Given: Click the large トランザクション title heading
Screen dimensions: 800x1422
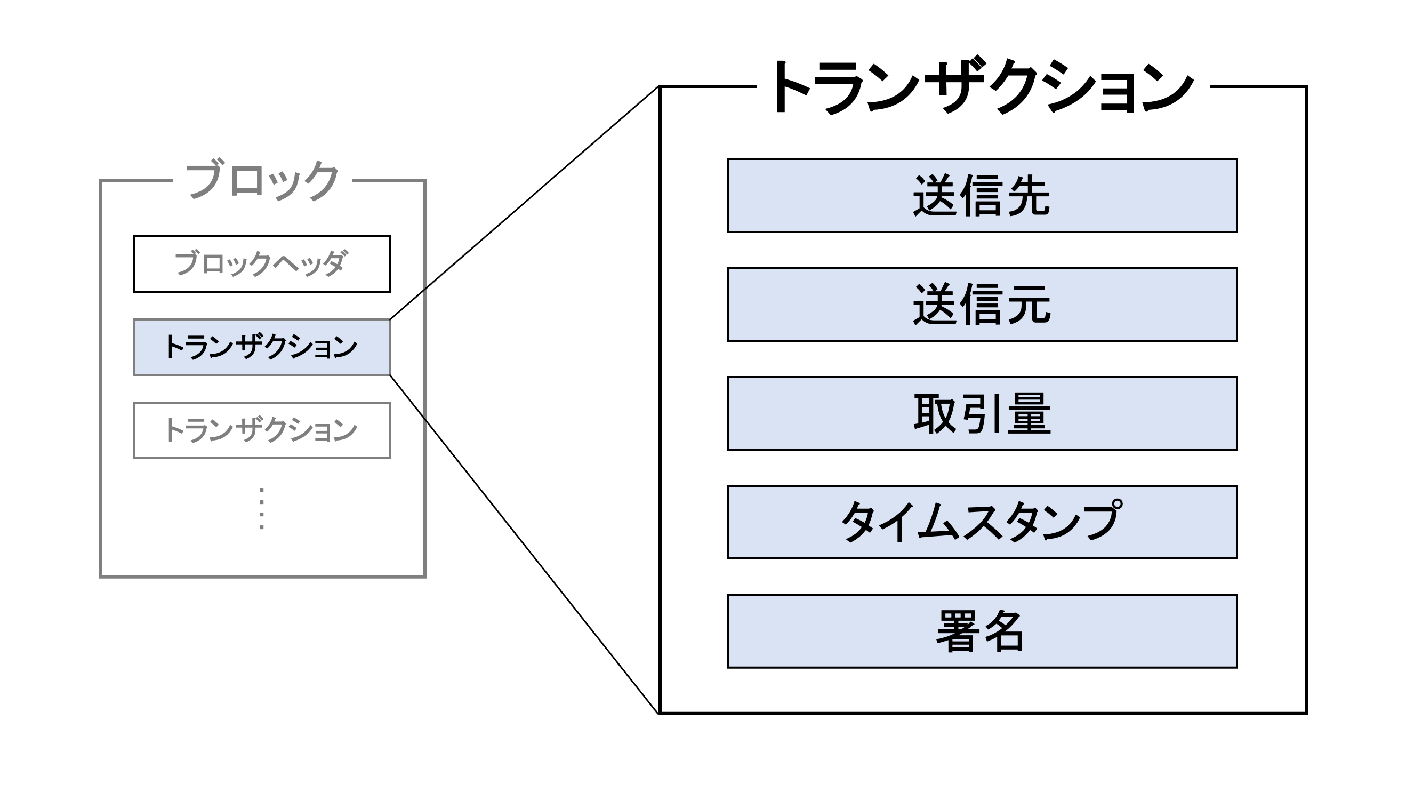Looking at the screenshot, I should click(982, 87).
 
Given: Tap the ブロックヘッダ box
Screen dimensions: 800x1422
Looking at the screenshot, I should click(262, 264).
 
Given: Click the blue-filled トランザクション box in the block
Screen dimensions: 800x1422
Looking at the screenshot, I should click(262, 347).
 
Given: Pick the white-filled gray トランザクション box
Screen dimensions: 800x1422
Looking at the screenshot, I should click(262, 430).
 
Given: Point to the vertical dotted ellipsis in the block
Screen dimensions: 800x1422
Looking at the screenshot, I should click(262, 508).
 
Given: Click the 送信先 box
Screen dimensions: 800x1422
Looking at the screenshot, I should click(982, 195).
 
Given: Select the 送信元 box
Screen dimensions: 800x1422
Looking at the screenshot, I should click(982, 305).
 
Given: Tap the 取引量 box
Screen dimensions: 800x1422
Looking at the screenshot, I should click(982, 413).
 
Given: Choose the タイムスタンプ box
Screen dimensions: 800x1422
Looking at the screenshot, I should click(982, 522).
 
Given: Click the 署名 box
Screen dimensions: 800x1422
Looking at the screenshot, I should click(982, 631).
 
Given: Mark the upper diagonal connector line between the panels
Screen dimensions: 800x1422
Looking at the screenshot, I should click(525, 203).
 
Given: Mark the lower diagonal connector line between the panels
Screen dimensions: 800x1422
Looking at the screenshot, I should click(525, 545).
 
